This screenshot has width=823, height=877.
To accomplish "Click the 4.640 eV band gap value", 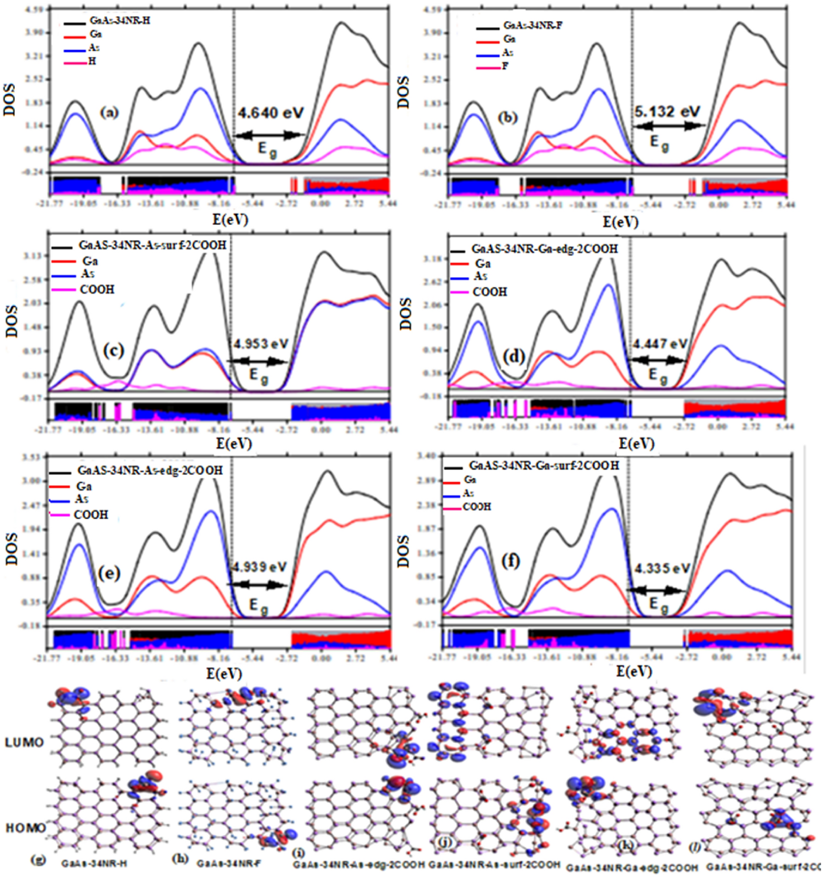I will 271,113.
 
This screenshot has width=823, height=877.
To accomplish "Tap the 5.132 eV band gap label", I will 667,112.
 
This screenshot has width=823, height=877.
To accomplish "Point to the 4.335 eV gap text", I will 662,568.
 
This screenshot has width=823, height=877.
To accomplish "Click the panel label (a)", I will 110,112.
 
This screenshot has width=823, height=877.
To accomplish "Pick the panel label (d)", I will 514,357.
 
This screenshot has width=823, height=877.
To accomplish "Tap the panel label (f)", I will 511,561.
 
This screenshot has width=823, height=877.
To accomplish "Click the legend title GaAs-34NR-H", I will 119,21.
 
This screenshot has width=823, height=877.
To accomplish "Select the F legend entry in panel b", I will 505,66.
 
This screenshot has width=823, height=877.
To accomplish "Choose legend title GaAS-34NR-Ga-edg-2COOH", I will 544,249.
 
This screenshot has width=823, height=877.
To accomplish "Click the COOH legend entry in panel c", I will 97,290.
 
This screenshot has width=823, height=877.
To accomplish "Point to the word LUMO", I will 25,742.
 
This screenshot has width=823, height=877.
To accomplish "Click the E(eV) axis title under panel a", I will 230,219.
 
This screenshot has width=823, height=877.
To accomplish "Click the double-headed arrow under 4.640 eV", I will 270,135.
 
